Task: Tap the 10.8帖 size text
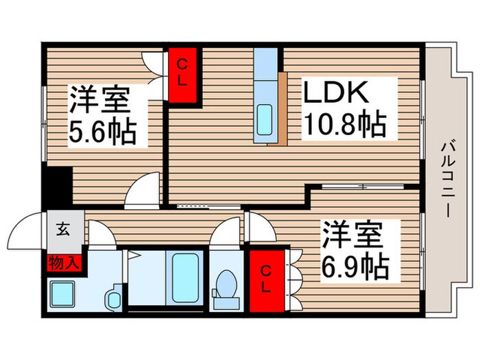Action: [345, 124]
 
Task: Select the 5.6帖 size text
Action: [102, 130]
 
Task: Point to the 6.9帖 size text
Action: [353, 264]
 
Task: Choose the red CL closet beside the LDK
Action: [183, 75]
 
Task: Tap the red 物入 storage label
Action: [63, 262]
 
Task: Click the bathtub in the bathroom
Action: [183, 278]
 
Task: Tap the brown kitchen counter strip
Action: [281, 106]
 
